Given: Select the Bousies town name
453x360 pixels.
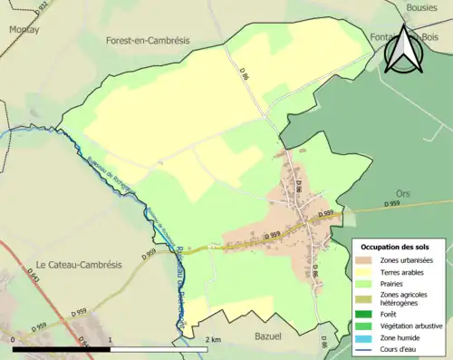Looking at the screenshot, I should point(424,6).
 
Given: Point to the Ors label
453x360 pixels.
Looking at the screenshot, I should point(403,193).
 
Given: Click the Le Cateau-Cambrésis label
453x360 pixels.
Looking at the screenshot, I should point(78,264).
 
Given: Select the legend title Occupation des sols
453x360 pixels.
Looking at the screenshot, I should point(395,247).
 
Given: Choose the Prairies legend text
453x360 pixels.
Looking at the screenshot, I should point(396,282).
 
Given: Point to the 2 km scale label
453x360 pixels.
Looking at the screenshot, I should point(214,339).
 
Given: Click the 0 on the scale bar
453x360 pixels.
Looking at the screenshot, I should point(14,339).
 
